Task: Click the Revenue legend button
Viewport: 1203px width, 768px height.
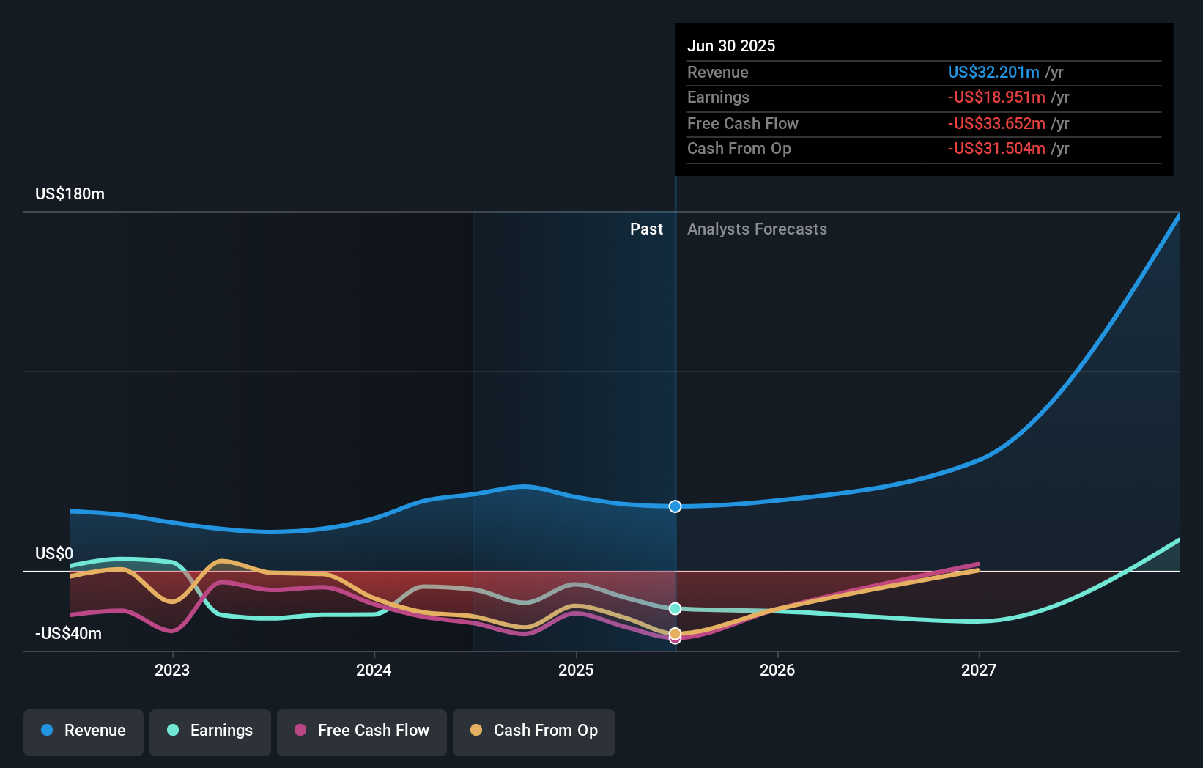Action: pos(84,731)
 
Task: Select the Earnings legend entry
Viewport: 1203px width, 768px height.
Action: pos(210,731)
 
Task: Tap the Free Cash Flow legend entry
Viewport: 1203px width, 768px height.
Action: pos(362,731)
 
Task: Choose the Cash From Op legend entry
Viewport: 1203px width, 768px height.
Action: pos(534,731)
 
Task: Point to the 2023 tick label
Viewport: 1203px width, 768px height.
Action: pos(172,670)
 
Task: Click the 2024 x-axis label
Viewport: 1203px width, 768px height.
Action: pos(374,670)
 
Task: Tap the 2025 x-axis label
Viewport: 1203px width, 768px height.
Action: pos(576,670)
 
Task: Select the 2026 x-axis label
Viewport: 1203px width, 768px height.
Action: pos(777,670)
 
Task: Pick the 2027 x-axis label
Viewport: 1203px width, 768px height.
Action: pos(979,670)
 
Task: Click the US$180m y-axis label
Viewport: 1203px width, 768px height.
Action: pos(70,194)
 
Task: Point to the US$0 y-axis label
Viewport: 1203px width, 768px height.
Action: pos(54,554)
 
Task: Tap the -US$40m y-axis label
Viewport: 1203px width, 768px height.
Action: pos(68,634)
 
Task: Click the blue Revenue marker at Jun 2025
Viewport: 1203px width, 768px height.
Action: pos(675,506)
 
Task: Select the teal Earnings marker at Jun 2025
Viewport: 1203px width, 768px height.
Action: pos(675,609)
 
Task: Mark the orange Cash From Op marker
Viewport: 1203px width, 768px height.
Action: pos(675,633)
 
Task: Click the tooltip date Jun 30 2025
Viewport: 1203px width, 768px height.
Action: pos(731,46)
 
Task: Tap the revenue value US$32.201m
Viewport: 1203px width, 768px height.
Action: pos(993,73)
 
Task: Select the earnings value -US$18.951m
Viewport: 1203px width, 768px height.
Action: pos(996,97)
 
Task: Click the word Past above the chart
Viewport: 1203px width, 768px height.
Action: pos(646,229)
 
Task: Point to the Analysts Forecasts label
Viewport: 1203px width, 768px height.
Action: pos(757,229)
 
